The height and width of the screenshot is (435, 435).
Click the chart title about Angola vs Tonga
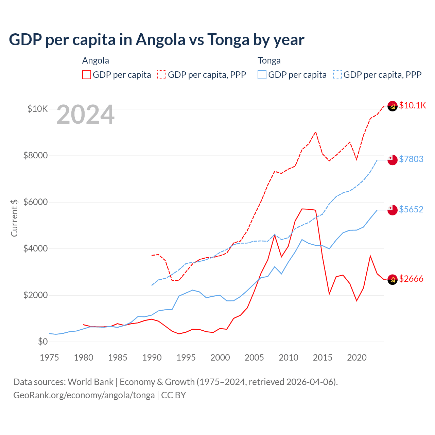(x=156, y=40)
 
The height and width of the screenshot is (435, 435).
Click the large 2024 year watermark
(x=85, y=115)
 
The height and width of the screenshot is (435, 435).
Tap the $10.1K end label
(x=412, y=105)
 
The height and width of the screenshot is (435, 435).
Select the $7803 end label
(x=411, y=159)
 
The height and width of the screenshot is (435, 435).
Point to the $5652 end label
(x=411, y=209)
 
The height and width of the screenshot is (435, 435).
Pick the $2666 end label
(x=411, y=279)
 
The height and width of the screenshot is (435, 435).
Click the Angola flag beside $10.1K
(x=393, y=106)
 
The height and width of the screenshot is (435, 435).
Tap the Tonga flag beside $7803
(x=393, y=160)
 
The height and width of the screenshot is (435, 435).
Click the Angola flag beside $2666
(x=393, y=279)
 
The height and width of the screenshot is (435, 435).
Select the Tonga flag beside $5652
(x=393, y=210)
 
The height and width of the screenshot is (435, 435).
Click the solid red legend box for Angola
(x=87, y=75)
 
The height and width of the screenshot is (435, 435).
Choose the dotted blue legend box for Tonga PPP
(x=337, y=75)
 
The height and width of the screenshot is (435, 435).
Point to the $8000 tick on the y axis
(x=35, y=156)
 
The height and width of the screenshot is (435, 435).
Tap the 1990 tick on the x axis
(x=152, y=358)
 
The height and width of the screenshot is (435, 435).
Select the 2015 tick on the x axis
(x=323, y=358)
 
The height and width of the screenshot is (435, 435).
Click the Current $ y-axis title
(x=14, y=218)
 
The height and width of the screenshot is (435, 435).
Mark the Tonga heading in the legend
(x=269, y=60)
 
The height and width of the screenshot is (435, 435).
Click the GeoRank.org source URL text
(x=84, y=395)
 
